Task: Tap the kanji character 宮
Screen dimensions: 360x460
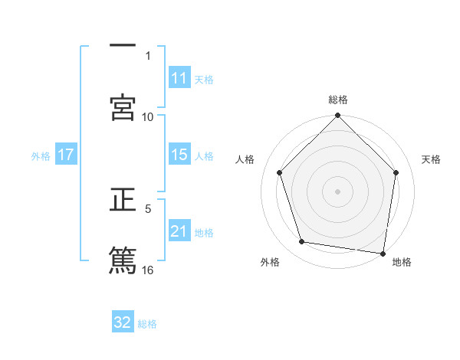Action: pos(123,107)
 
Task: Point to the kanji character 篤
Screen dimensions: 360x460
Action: pos(123,260)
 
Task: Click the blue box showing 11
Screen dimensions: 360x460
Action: pos(179,78)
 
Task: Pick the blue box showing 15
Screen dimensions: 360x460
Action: pos(179,155)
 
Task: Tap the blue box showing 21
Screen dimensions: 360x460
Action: pos(179,231)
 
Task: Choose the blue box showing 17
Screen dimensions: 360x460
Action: pos(66,155)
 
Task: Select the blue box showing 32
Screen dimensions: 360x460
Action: pos(123,322)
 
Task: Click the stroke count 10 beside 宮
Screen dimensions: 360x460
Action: pos(148,116)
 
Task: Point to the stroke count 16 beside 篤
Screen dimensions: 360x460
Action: pos(148,269)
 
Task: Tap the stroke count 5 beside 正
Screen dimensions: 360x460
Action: pos(148,208)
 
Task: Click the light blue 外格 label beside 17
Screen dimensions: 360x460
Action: pos(41,155)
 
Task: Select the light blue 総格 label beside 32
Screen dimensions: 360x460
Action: pos(147,323)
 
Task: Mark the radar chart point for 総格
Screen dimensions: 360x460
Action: pos(337,116)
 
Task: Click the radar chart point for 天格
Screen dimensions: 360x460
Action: pos(396,172)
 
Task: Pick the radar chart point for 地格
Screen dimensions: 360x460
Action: pos(383,252)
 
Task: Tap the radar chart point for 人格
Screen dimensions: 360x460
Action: pos(279,172)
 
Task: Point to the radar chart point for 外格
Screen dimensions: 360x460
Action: pos(302,242)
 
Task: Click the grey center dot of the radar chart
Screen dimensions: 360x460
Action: pos(337,191)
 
